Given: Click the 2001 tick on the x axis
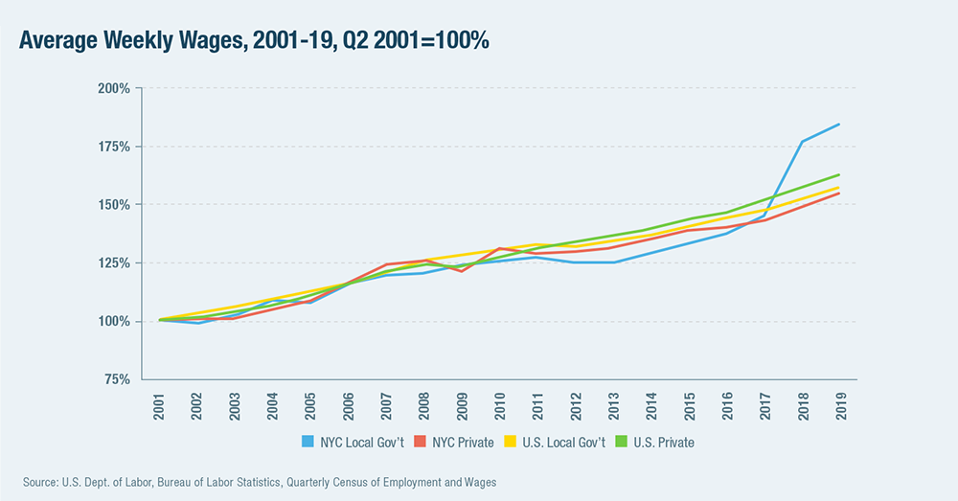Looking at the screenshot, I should (x=159, y=403).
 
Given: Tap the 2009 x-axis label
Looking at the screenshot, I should (x=461, y=403).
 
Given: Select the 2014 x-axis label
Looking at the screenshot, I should (x=650, y=403).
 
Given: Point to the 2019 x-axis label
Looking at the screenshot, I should (x=839, y=403).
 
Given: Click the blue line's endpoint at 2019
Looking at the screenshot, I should (x=839, y=125).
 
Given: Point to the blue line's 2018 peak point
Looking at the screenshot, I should (x=801, y=142).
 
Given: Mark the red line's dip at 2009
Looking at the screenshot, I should (x=461, y=271).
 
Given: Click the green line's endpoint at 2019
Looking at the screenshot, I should (x=839, y=175).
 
